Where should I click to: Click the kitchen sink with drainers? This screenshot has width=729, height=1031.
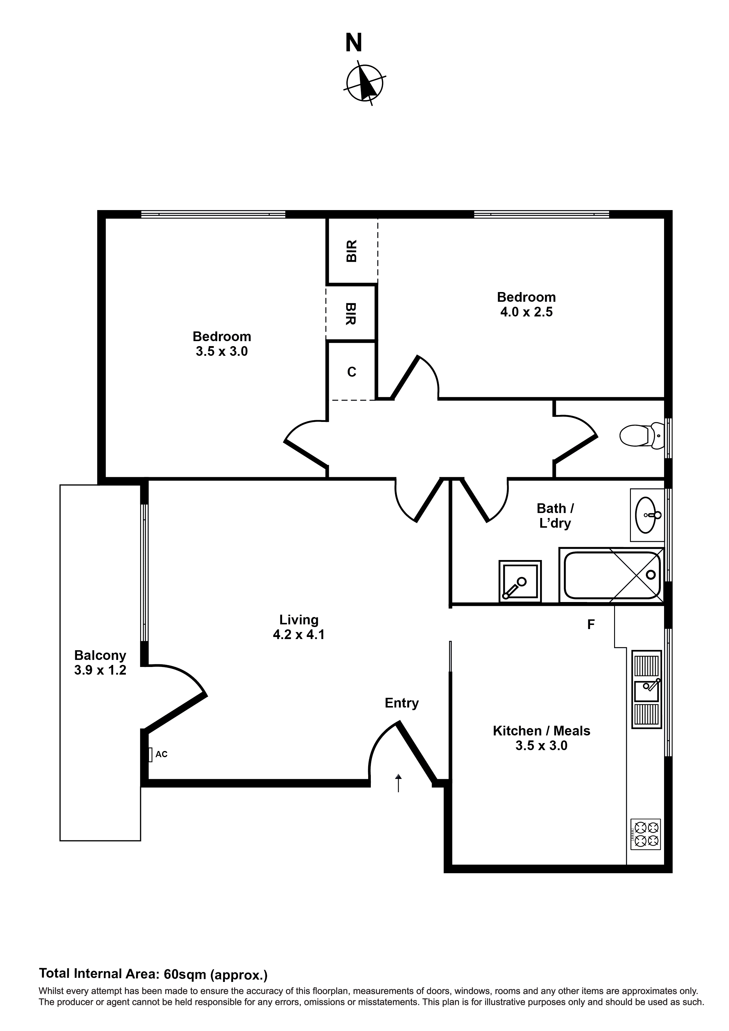point(646,689)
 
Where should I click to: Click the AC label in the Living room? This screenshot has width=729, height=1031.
point(161,755)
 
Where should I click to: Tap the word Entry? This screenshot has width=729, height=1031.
point(402,703)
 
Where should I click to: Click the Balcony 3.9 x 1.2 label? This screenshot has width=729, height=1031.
point(100,663)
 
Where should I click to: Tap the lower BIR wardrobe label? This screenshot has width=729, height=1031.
point(352,314)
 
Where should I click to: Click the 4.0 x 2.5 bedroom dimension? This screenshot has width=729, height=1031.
point(527,312)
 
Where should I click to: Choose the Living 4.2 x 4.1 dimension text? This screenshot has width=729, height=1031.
point(299,635)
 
